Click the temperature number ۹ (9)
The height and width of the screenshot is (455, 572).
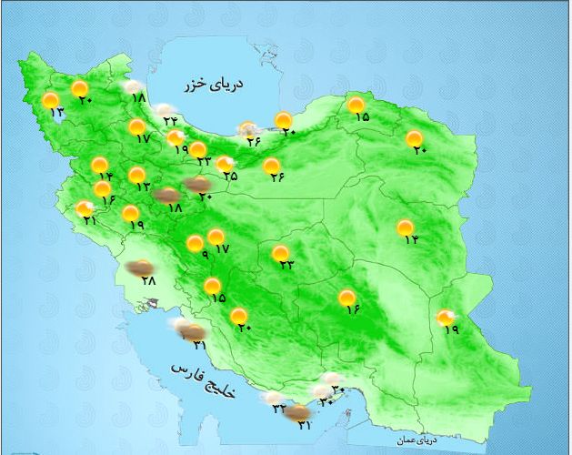point(205,256)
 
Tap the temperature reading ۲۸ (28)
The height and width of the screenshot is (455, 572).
point(149,281)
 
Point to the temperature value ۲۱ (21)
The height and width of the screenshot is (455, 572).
point(88,220)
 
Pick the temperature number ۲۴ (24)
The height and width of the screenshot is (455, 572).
point(170,120)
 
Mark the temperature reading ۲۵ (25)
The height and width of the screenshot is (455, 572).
point(231,176)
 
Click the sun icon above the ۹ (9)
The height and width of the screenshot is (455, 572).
point(195,243)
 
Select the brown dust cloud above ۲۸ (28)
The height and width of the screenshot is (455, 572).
point(139,268)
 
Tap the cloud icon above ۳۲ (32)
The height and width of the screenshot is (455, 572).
point(272,397)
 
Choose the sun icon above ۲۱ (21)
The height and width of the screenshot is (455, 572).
point(85,208)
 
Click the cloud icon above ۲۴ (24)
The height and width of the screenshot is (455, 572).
point(164,108)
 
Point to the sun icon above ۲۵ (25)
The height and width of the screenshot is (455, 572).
point(223,164)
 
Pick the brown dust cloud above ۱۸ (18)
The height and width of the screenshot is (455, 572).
point(166,194)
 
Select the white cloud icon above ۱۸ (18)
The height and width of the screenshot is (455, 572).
point(134,86)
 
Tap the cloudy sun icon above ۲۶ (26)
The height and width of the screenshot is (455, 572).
point(246,129)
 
